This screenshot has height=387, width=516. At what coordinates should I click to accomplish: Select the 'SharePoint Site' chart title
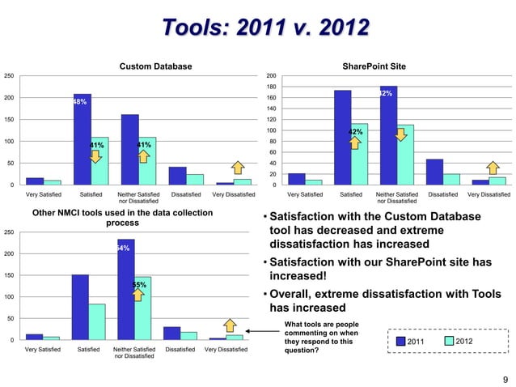coord(374,66)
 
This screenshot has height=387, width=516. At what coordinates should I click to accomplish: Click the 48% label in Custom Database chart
coord(80,102)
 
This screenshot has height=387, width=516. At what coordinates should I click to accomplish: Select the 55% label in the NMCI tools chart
coord(139,284)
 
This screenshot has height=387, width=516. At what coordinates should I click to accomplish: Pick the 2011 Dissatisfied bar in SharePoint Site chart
coord(434,172)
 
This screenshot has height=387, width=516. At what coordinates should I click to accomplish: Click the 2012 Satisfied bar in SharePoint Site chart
coord(359,154)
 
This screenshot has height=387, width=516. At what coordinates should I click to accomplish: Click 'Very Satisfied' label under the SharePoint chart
coord(303,195)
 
